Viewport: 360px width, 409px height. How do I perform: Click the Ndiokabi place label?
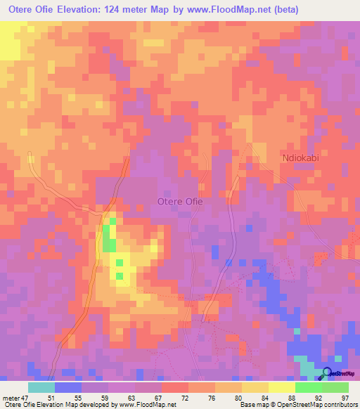300,157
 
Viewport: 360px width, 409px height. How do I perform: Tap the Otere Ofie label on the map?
179,202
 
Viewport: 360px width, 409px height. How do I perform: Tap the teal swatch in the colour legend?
41,387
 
